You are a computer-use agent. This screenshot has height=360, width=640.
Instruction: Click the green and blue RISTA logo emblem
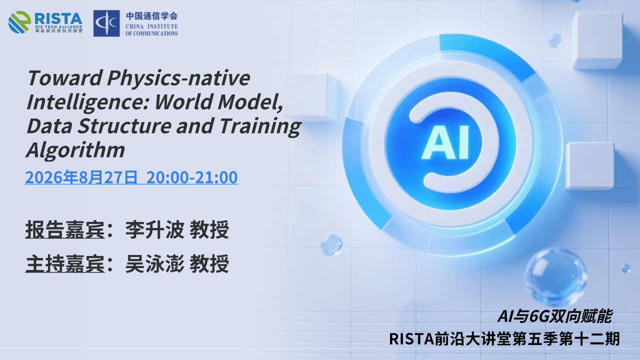point(19,22)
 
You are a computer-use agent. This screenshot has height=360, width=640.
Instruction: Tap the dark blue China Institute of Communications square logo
point(106,23)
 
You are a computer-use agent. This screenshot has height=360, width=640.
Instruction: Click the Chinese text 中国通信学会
point(151,16)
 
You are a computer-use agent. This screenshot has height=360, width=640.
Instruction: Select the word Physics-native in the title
point(178,78)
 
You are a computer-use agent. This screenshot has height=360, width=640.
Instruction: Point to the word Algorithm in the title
point(75,149)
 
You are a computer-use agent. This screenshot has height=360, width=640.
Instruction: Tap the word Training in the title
point(260,126)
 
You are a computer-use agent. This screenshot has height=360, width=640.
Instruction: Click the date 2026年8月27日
point(81,177)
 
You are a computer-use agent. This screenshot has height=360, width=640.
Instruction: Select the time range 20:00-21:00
point(192,177)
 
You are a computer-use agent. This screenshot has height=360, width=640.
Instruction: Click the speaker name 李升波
point(154,229)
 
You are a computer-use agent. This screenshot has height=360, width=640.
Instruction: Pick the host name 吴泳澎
point(154,263)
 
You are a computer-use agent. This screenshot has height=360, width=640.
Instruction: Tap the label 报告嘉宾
point(65,229)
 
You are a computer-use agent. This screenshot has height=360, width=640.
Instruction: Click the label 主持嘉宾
point(65,263)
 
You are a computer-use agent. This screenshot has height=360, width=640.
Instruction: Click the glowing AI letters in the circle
point(445,142)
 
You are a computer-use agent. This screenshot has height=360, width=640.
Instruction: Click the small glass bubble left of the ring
point(331,245)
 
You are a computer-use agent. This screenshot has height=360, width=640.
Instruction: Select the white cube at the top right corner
point(598,40)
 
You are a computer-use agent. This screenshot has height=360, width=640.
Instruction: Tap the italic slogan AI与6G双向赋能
point(554,316)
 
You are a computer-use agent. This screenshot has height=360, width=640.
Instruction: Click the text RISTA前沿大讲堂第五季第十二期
point(504,339)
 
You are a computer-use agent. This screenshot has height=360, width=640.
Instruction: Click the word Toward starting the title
point(65,77)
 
